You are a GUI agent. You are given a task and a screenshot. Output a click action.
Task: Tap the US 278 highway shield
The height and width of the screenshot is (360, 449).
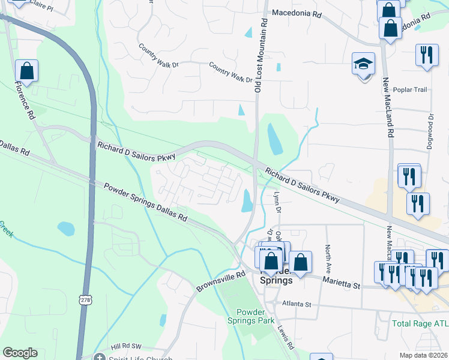tap(84, 298)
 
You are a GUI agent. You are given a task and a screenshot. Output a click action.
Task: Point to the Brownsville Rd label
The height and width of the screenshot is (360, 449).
tap(221, 282)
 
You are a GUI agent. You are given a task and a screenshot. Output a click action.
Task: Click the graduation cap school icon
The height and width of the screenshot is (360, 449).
tap(363, 64)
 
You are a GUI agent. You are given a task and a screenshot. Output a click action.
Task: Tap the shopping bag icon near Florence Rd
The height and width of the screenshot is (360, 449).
tap(26, 71)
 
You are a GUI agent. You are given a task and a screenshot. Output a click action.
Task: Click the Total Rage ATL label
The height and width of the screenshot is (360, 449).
tap(420, 323)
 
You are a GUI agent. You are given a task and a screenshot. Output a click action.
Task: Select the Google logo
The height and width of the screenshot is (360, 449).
tap(20, 353)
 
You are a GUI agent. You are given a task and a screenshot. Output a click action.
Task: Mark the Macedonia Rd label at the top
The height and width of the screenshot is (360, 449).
tap(298, 12)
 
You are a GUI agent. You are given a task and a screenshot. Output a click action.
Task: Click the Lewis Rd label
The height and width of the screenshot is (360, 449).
tap(286, 338)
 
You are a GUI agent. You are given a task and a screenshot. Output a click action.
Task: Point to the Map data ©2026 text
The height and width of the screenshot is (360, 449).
tap(423, 355)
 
